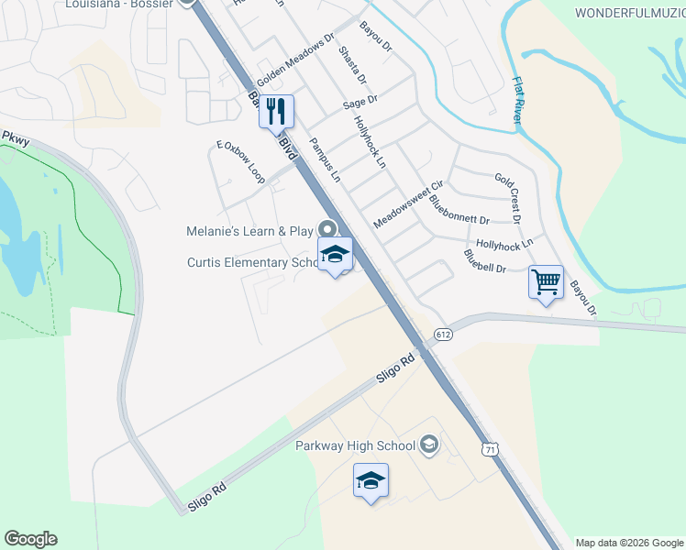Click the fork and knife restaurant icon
coord(276,112)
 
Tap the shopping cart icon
coord(546,281)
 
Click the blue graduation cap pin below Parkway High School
coord(371,480)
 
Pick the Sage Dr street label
coord(360,103)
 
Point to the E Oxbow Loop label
coord(240,163)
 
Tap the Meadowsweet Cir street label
coord(408,204)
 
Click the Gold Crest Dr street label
coord(507,197)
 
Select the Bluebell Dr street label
coord(485,261)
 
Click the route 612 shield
coord(444,335)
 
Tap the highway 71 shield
coord(491,448)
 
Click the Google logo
coord(30,539)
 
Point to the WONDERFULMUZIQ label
coord(629,12)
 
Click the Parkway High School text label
coord(356,446)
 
